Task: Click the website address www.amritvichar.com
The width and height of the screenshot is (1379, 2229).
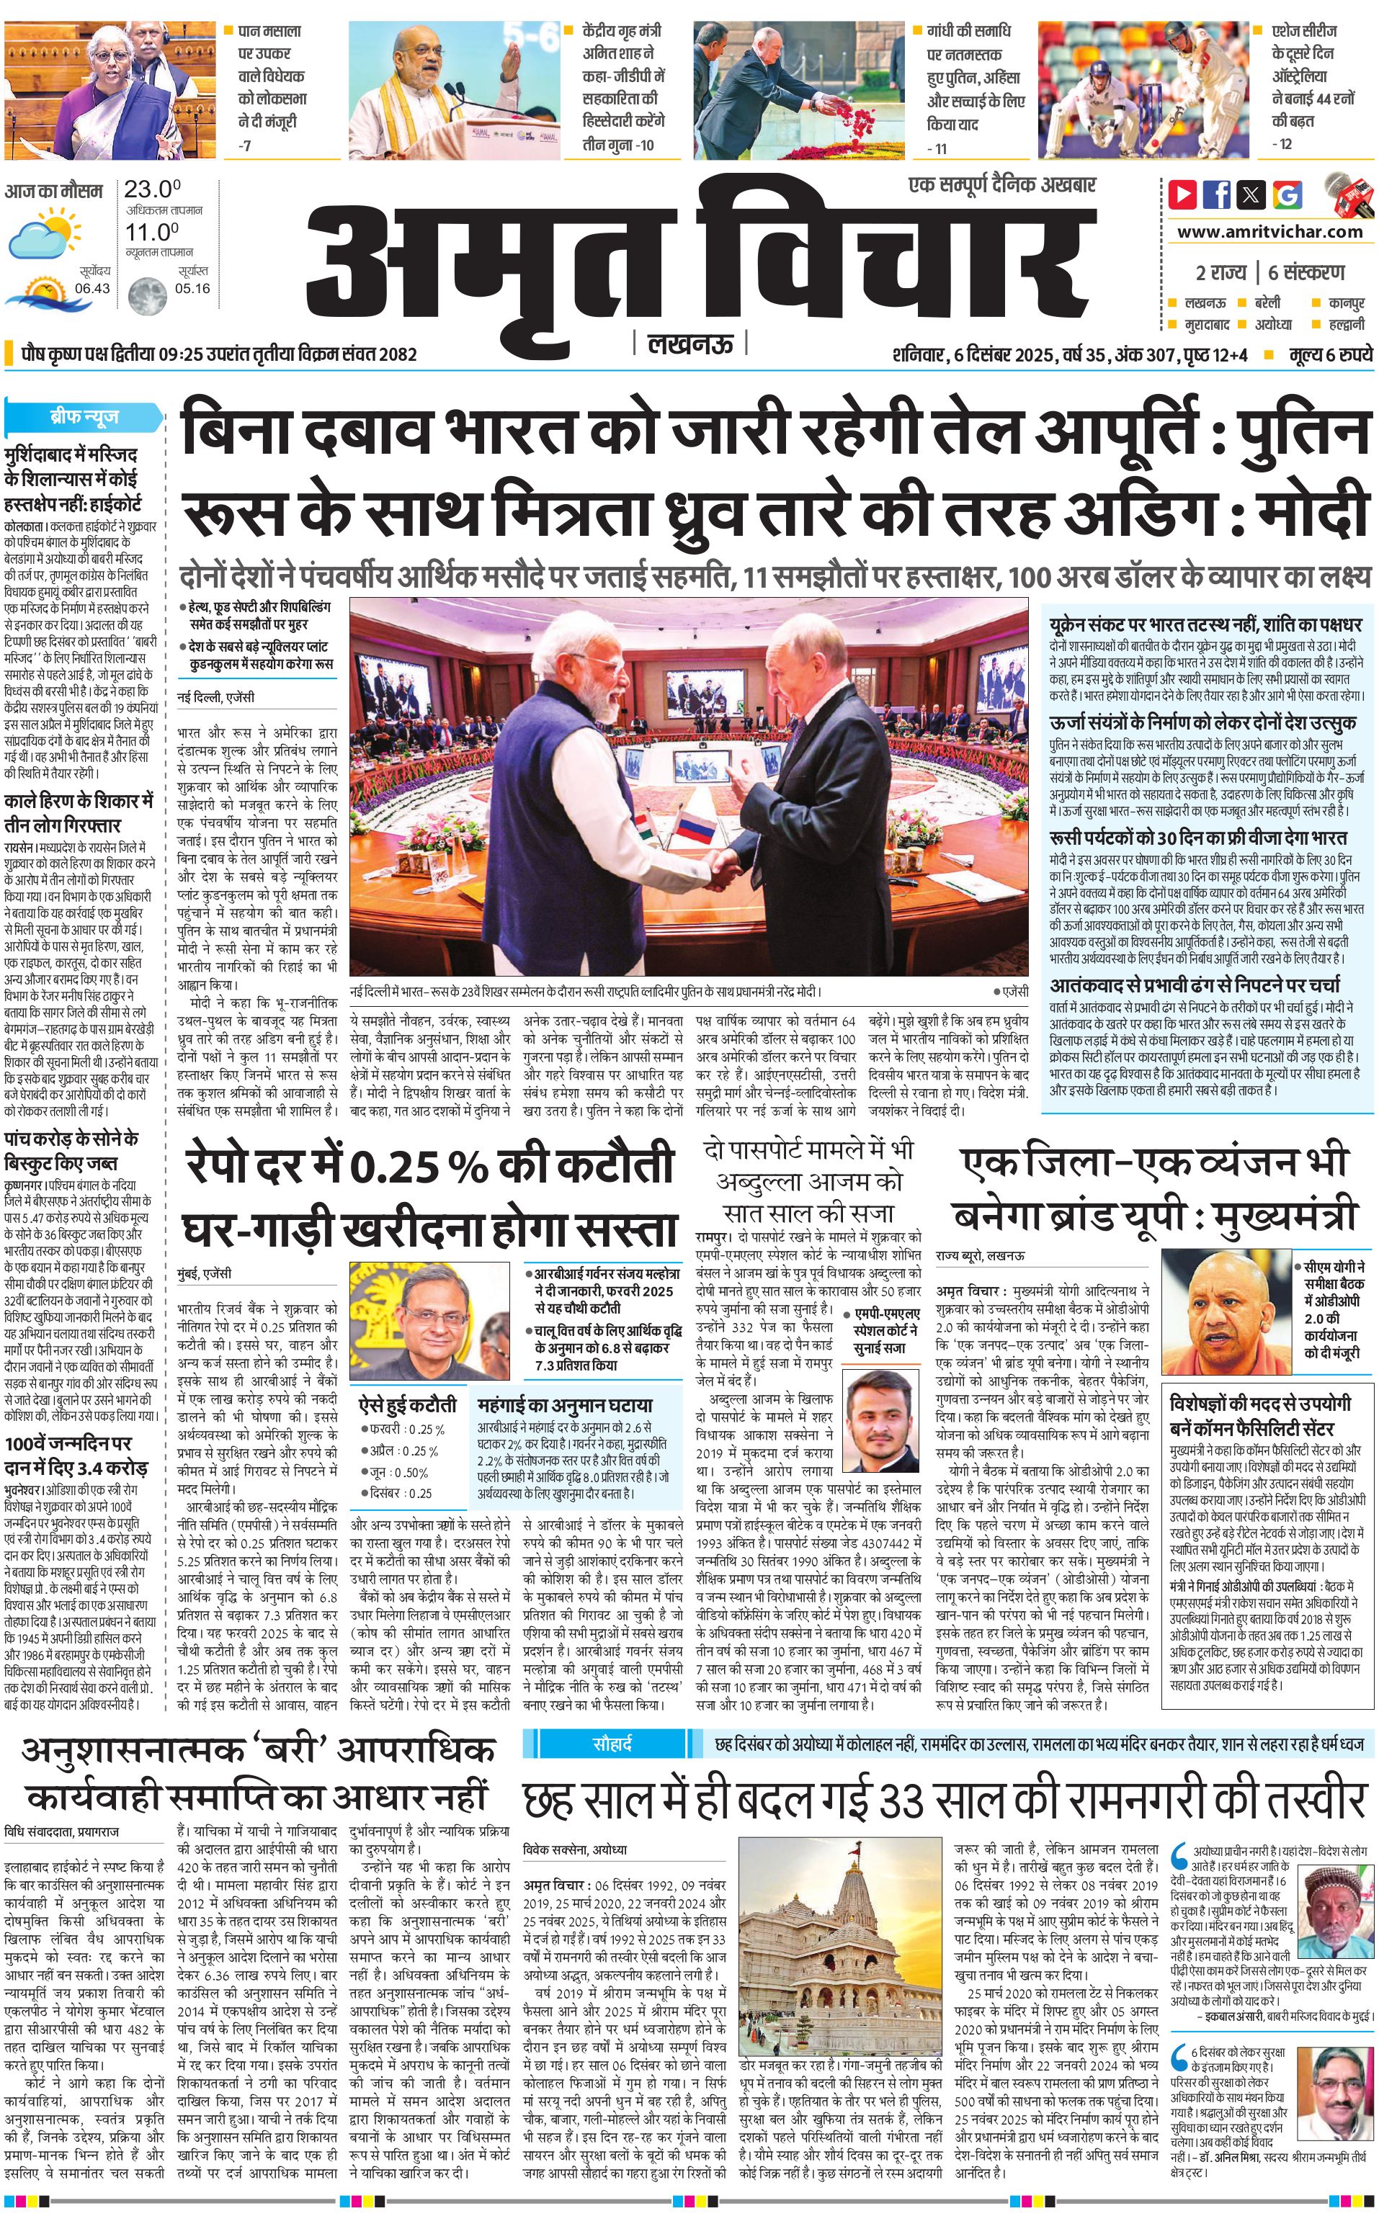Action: [x=1269, y=232]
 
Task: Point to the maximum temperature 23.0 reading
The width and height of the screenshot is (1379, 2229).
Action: [x=151, y=189]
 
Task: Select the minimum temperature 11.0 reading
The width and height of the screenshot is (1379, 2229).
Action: [x=151, y=232]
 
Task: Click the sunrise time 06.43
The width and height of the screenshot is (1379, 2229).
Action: [x=92, y=288]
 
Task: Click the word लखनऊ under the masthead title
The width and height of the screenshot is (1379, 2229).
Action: [x=689, y=344]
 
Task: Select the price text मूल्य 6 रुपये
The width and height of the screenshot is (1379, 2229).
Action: [x=1330, y=354]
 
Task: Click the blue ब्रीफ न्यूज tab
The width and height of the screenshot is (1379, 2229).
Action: [x=84, y=418]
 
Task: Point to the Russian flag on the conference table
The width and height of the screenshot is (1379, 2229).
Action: [x=695, y=828]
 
